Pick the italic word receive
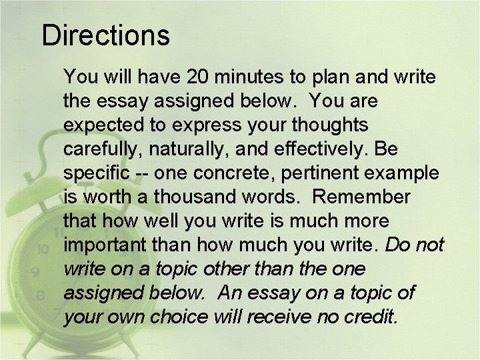tap(278, 317)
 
